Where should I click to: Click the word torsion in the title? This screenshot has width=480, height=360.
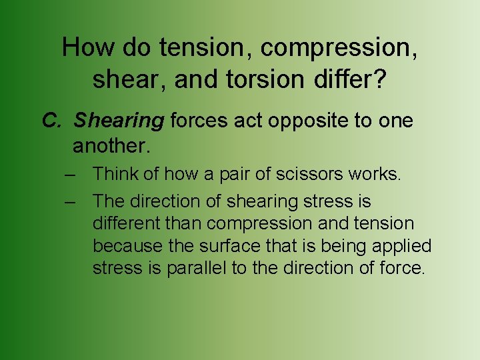[257, 80]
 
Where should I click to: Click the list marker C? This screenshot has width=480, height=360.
[52, 121]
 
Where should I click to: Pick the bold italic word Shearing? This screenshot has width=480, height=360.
[119, 121]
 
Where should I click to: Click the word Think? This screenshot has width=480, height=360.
[115, 174]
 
